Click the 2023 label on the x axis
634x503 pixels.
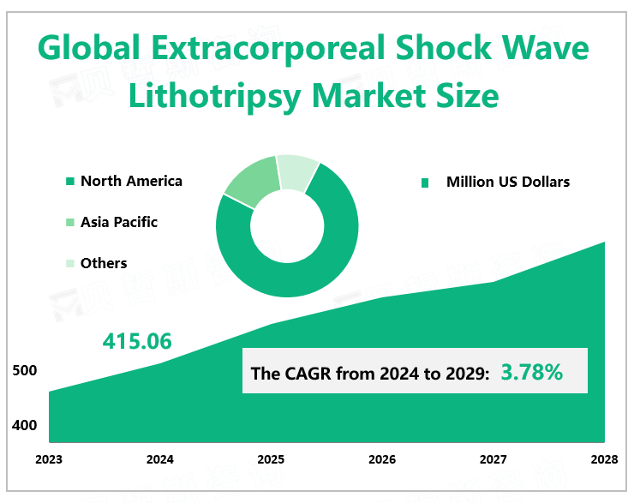click(49, 459)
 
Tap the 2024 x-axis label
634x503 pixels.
click(160, 459)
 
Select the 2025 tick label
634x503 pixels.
click(271, 459)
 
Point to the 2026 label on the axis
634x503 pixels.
click(382, 459)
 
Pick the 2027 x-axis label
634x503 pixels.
click(493, 459)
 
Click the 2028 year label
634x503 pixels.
click(604, 459)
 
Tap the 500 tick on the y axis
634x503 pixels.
click(25, 371)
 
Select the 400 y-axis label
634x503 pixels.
click(25, 425)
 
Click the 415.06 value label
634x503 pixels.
click(137, 341)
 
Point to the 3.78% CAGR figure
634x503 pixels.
click(531, 373)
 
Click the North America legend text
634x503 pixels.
click(131, 181)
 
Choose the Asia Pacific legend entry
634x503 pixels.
click(119, 222)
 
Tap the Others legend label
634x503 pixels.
click(104, 263)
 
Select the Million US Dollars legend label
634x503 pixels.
click(508, 182)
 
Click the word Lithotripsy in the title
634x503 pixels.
click(213, 95)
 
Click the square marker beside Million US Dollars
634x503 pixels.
click(424, 183)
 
